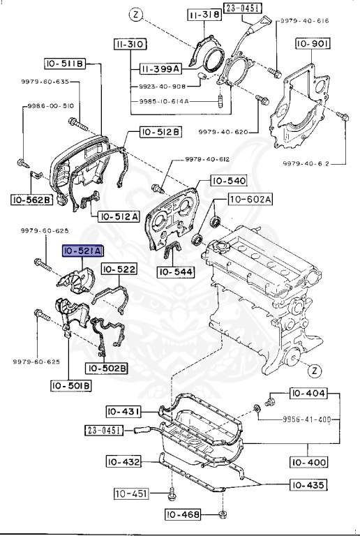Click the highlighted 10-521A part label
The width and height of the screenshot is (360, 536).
(x=82, y=251)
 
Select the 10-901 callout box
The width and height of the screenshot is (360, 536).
(x=313, y=43)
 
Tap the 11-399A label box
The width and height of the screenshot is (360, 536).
(x=160, y=69)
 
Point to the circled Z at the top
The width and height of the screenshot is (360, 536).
(x=136, y=15)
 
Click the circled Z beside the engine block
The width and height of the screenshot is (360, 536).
(x=315, y=371)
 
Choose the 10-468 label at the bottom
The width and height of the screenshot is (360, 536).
(x=183, y=514)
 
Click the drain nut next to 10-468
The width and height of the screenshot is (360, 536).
(x=223, y=514)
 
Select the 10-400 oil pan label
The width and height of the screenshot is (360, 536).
(x=309, y=462)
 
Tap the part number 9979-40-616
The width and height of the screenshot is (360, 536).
(x=305, y=21)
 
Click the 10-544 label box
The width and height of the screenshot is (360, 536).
(x=176, y=272)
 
